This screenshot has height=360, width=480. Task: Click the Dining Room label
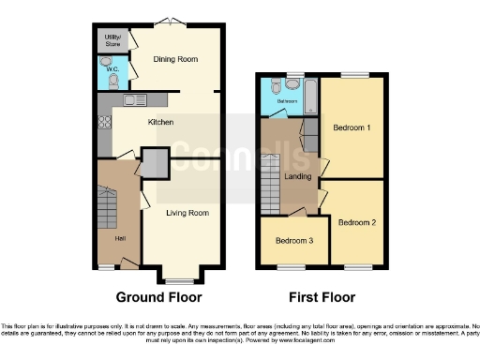176,59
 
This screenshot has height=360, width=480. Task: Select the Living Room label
187,213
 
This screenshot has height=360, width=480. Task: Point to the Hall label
120,237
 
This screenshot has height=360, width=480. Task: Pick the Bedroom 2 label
357,222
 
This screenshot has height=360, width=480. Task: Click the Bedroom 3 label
293,240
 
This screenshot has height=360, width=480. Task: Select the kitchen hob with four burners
102,119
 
